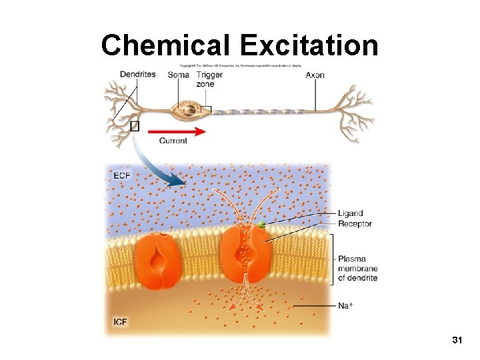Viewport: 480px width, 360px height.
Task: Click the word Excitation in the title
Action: (309, 45)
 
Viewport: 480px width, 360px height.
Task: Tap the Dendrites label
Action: (137, 74)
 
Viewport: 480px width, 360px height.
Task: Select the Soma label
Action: (178, 75)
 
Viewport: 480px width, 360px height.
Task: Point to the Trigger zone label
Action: (209, 79)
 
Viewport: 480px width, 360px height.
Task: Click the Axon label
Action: (315, 75)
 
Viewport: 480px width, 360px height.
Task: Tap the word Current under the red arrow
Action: (173, 141)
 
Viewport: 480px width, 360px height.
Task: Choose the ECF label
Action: (122, 175)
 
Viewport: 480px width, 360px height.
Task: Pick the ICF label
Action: (121, 322)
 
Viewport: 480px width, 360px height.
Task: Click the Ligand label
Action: (351, 213)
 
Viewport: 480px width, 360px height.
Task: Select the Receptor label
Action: (355, 224)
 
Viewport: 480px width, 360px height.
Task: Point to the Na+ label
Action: (345, 305)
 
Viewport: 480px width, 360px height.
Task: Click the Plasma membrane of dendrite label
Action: (357, 268)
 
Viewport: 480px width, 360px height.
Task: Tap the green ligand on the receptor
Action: (263, 225)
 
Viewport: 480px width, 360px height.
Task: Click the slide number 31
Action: (457, 341)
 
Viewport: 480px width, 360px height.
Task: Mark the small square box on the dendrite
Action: (135, 125)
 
